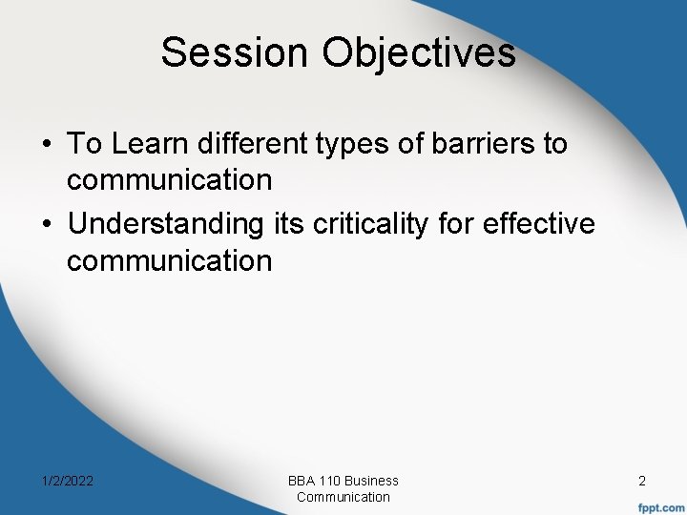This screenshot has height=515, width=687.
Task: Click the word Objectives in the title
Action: tap(419, 53)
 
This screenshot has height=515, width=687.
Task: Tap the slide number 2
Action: tap(642, 482)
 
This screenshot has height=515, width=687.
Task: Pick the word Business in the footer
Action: tap(372, 481)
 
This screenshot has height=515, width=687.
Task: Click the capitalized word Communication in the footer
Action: tap(343, 497)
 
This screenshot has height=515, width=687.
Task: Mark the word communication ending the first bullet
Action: tap(169, 179)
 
